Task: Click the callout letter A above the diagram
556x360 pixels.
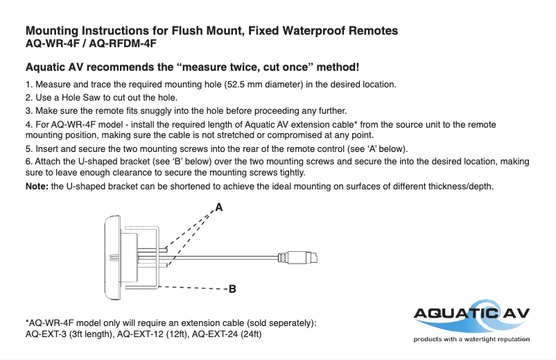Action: [x=219, y=207]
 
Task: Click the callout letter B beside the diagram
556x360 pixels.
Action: [x=233, y=289]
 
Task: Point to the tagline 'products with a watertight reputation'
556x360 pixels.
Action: [x=471, y=339]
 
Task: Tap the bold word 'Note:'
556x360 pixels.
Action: [x=37, y=187]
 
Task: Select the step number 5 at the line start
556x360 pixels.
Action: [x=28, y=149]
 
